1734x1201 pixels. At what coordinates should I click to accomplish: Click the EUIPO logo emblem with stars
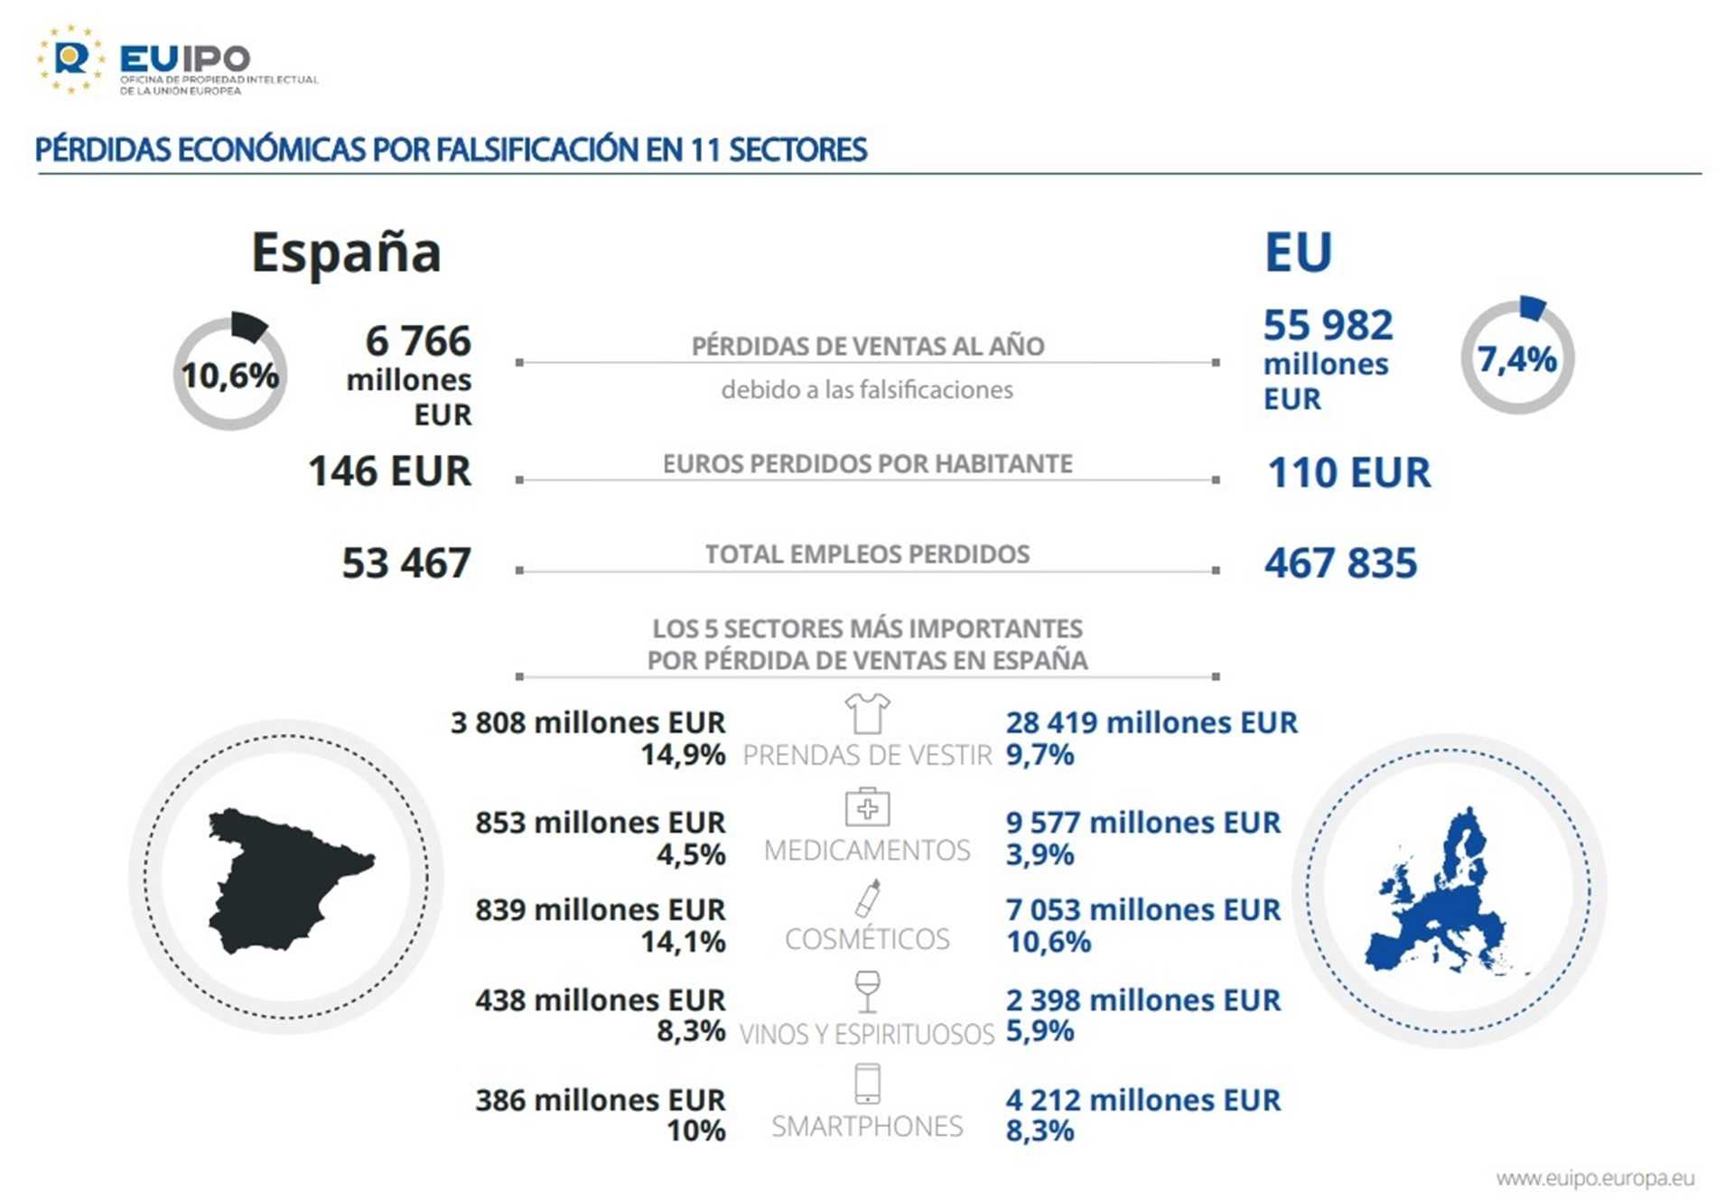point(70,59)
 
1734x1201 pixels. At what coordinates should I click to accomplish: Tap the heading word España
point(346,252)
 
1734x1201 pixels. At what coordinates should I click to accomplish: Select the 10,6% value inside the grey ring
point(230,376)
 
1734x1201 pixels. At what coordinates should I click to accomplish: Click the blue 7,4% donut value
point(1516,359)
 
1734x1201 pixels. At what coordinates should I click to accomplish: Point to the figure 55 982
point(1328,325)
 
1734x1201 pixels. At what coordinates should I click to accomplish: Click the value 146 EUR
point(389,471)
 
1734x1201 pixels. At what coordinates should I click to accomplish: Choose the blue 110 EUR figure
point(1349,472)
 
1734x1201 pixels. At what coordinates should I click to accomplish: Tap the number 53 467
point(406,563)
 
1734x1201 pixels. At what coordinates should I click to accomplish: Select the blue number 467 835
point(1340,563)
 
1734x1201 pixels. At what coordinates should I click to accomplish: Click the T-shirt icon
point(867,713)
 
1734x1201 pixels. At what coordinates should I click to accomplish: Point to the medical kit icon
point(867,806)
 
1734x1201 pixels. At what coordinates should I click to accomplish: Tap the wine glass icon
point(867,992)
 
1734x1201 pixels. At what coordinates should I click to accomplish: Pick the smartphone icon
point(867,1084)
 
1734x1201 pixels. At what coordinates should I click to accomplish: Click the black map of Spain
point(284,880)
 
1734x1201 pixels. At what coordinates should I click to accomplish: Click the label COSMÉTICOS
point(867,939)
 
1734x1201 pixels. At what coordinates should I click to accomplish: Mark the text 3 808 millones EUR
point(588,722)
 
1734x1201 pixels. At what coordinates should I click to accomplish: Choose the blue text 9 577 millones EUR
point(1142,823)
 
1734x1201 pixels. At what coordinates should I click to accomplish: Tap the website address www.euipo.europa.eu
point(1595,1178)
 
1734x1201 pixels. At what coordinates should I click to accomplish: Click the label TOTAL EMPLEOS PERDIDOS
point(867,554)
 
